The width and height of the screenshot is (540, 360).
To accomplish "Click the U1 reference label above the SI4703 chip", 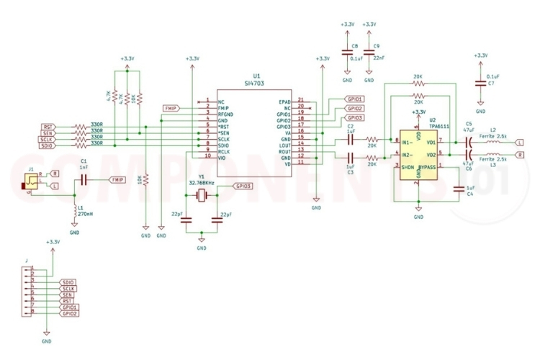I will (x=256, y=76).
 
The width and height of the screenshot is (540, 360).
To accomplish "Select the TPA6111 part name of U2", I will (x=439, y=125).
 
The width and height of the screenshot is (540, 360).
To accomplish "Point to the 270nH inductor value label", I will (x=86, y=214).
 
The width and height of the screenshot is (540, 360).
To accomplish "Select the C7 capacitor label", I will (x=491, y=84).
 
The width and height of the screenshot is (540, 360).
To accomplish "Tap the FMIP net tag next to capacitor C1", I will (x=115, y=179).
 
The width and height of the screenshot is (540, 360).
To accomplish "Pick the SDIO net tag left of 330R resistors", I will (x=48, y=145).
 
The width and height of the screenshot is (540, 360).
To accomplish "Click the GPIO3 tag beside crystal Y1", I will (x=243, y=186).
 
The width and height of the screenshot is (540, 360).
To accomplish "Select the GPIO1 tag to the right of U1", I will (x=354, y=99).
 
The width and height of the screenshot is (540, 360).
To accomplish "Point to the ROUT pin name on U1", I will (x=285, y=151).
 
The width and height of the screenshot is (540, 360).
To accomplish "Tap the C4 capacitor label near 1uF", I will (x=469, y=194).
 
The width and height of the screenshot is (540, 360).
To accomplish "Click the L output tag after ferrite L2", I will (x=520, y=143).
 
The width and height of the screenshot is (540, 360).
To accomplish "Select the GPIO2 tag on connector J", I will (x=70, y=314).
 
